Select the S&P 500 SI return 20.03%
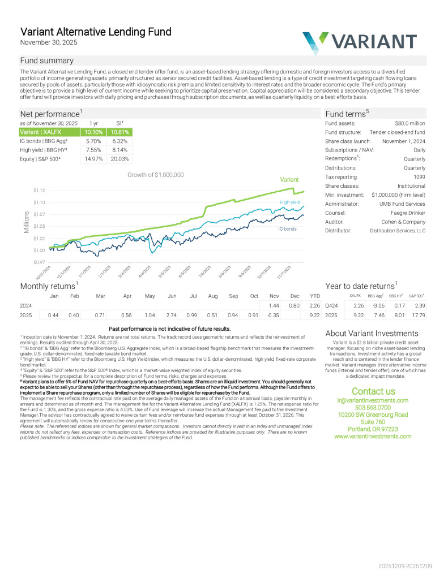[x=120, y=159]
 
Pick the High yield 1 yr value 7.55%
[x=93, y=150]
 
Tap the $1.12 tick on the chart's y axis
[x=39, y=191]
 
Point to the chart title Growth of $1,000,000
[x=156, y=175]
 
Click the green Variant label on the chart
[x=289, y=180]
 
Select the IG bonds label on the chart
[x=287, y=229]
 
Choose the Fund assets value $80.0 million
[x=410, y=123]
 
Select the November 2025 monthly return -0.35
[x=273, y=315]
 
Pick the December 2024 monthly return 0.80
[x=294, y=305]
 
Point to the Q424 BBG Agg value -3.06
[x=377, y=305]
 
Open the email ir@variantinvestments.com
[x=373, y=400]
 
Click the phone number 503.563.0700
[x=373, y=407]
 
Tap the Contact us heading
[x=373, y=391]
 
